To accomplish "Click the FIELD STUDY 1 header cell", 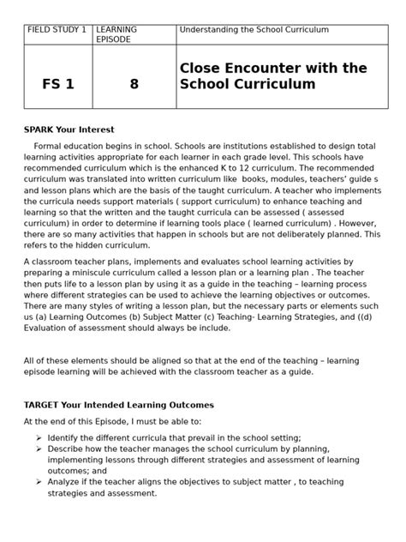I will [x=57, y=29].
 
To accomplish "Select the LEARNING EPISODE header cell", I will [x=116, y=34].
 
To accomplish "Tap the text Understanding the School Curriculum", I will [x=254, y=29].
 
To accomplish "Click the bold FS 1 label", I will [x=57, y=84].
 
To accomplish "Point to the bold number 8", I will [x=134, y=84].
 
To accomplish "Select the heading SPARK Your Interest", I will [x=68, y=129].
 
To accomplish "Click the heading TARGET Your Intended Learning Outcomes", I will [x=118, y=405].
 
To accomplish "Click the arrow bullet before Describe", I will [x=39, y=449].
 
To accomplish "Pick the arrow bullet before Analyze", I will [x=39, y=482].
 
